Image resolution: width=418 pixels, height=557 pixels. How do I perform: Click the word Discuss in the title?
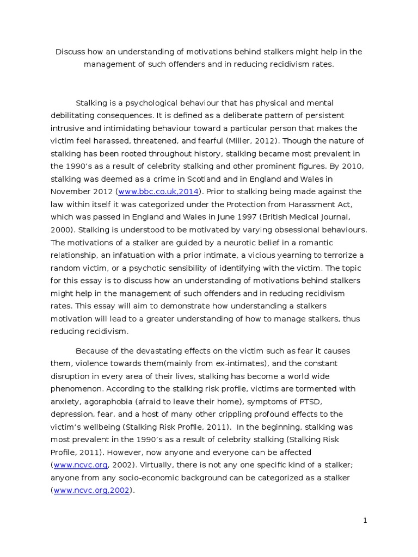click(70, 52)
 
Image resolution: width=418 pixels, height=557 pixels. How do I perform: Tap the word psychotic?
click(165, 268)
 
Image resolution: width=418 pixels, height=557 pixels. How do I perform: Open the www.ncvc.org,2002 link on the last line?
click(92, 490)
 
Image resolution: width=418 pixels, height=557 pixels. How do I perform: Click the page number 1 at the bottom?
click(365, 521)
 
